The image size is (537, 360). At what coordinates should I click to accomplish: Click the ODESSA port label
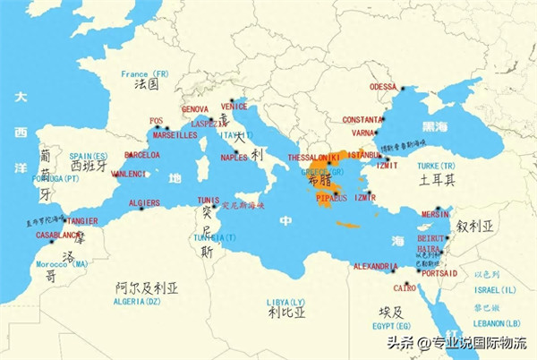[382, 87]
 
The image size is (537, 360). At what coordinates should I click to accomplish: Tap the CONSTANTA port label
[361, 119]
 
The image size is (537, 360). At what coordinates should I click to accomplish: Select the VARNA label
[363, 133]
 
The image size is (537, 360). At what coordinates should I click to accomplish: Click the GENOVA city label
[195, 109]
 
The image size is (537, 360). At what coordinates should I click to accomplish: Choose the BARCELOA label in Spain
[142, 154]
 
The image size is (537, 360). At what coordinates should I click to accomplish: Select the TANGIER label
[81, 220]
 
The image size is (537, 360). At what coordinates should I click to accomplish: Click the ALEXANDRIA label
[375, 266]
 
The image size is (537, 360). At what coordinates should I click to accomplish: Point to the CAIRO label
[405, 288]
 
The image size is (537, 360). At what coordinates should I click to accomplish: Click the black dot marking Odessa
[404, 88]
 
